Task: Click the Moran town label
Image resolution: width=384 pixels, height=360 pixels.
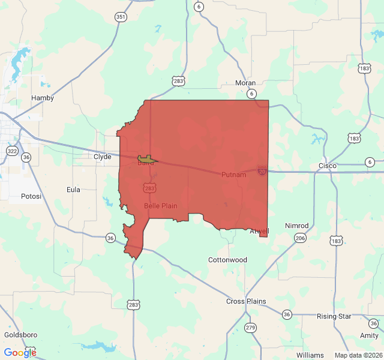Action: tap(245, 83)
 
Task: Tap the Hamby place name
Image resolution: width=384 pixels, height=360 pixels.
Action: tap(43, 98)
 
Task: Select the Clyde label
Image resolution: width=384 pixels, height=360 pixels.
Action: tap(103, 157)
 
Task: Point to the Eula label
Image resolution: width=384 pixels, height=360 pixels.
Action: tap(73, 190)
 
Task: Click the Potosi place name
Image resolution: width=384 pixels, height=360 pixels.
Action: tap(31, 196)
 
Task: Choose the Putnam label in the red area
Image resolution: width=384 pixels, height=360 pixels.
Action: tap(233, 175)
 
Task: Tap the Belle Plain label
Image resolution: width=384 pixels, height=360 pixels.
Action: tap(160, 206)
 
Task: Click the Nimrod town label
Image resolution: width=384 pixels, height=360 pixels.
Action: tap(296, 226)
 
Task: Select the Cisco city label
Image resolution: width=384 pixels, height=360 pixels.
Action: tap(328, 166)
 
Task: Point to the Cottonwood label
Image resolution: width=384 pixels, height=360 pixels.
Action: tap(227, 260)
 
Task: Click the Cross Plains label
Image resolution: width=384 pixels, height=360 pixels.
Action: tap(246, 301)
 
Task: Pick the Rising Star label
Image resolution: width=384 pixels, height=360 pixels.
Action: tap(334, 316)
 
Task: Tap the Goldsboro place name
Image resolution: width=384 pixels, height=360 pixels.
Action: tap(20, 335)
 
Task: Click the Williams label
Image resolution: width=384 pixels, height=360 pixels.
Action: tap(310, 355)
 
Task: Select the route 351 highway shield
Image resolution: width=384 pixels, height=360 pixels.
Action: tap(121, 17)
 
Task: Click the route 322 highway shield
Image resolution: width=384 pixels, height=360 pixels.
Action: tap(12, 150)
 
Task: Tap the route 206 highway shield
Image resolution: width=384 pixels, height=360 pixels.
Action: tap(300, 238)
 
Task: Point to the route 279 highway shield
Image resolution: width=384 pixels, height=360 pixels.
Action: tap(250, 328)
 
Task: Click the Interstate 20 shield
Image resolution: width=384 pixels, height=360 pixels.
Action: tap(262, 171)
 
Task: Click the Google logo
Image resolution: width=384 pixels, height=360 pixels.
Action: tap(20, 353)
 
